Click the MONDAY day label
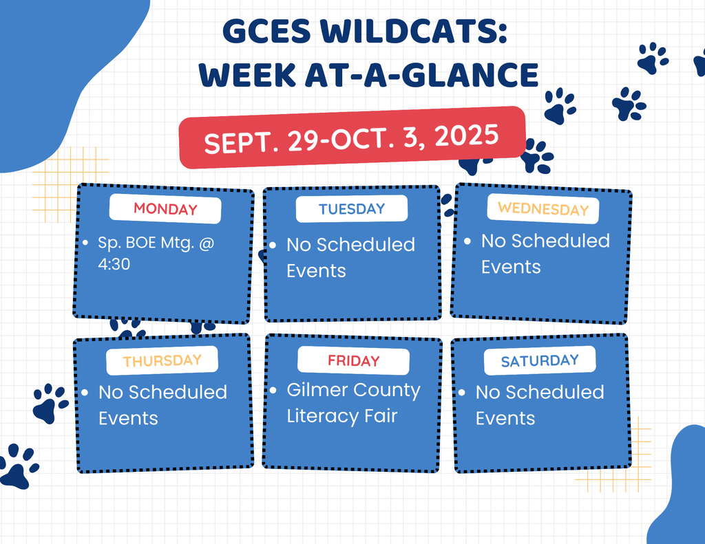tap(165, 209)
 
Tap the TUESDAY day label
tap(352, 208)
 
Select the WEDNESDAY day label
tap(543, 208)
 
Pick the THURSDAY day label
tap(162, 361)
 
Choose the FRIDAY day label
tap(353, 361)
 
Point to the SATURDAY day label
tap(540, 361)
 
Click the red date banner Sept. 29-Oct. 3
tap(352, 138)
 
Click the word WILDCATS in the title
tap(413, 32)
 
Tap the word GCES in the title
tap(266, 32)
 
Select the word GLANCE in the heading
tap(470, 74)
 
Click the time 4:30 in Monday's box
tap(114, 264)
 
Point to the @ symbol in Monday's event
tap(207, 243)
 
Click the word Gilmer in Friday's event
tap(316, 389)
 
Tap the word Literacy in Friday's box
tap(323, 416)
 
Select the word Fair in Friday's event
tap(381, 416)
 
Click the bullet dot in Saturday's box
tap(462, 393)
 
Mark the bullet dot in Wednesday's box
tap(467, 241)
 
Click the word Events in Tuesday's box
tap(317, 271)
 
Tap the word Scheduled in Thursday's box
tap(178, 392)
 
